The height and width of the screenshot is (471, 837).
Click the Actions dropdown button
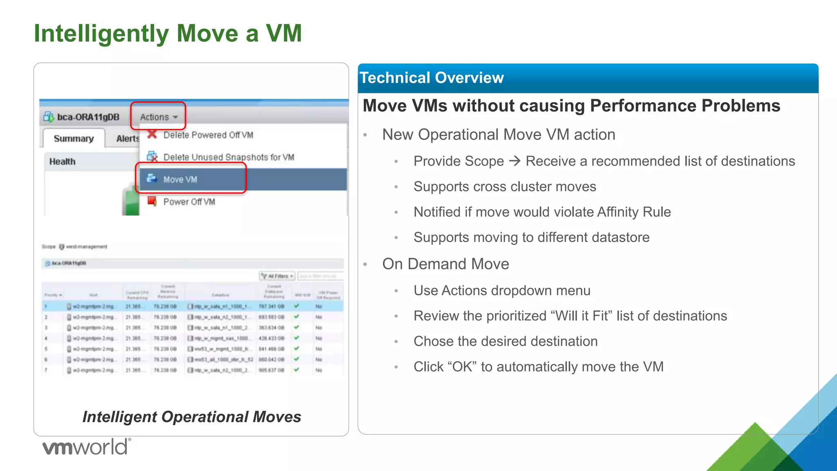(x=158, y=117)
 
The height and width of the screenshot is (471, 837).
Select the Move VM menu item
(x=180, y=179)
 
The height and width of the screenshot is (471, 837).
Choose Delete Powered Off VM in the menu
(x=208, y=135)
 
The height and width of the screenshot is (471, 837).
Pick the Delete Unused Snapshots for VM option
(x=228, y=157)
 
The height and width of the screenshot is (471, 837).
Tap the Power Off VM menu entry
(x=189, y=202)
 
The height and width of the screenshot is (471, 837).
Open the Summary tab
(x=74, y=139)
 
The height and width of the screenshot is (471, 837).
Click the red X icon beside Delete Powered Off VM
(x=152, y=134)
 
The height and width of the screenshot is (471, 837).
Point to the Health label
(x=62, y=161)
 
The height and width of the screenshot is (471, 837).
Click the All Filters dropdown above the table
(x=278, y=276)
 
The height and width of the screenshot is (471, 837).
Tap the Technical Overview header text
(x=431, y=78)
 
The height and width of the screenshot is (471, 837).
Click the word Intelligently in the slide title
(x=101, y=34)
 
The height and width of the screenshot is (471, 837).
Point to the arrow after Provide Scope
(x=515, y=161)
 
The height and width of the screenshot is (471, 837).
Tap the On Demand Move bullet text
(x=445, y=264)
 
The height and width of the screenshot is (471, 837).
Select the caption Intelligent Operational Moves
(x=192, y=417)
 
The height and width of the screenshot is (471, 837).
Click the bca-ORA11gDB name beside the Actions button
(x=88, y=117)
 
